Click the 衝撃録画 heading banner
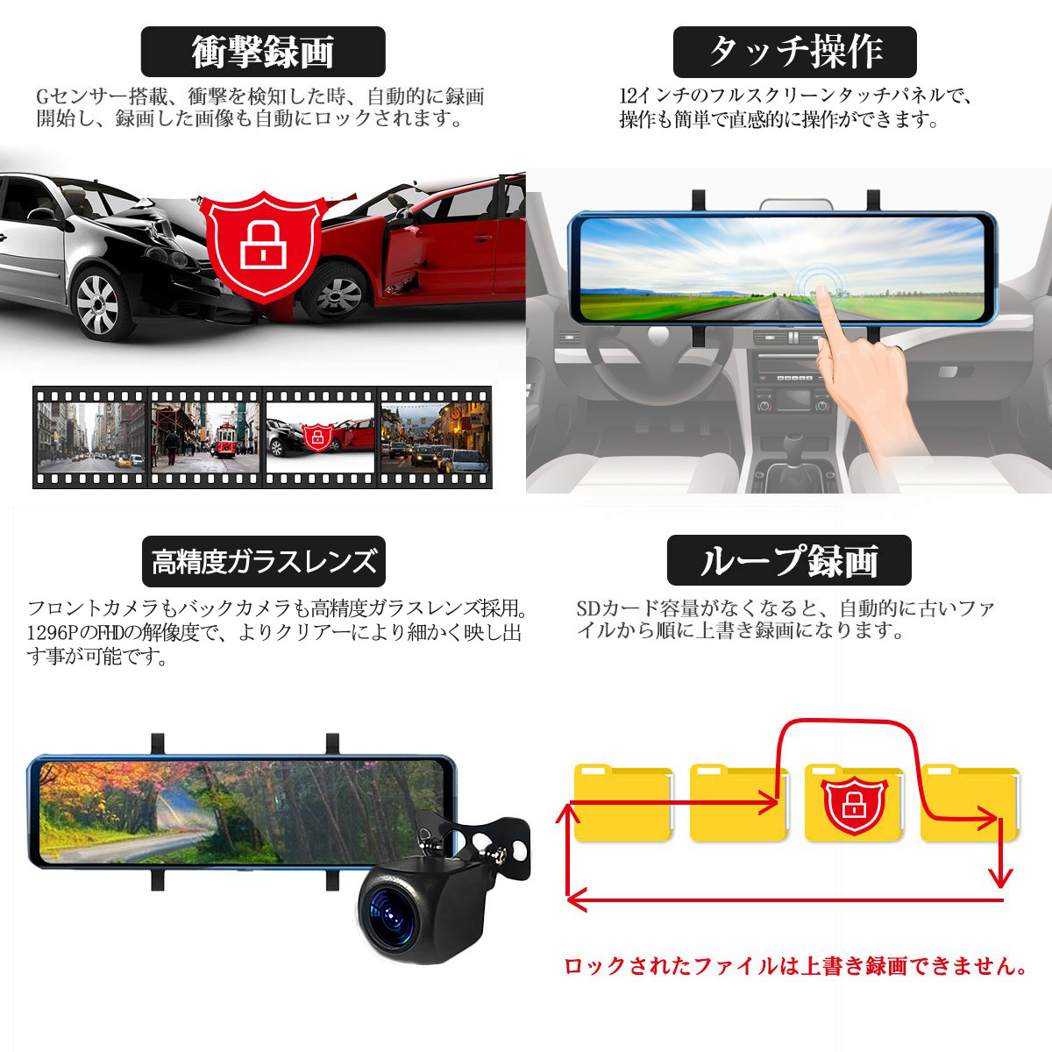pyautogui.click(x=263, y=52)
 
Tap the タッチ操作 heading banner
pyautogui.click(x=794, y=52)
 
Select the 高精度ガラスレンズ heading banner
pyautogui.click(x=264, y=561)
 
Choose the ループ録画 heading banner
pyautogui.click(x=789, y=561)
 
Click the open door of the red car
pyautogui.click(x=402, y=250)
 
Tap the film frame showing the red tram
pyautogui.click(x=205, y=436)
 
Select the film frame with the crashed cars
pyautogui.click(x=320, y=436)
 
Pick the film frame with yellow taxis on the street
pyautogui.click(x=90, y=436)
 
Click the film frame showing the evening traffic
pyautogui.click(x=435, y=436)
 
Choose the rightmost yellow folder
pyautogui.click(x=969, y=802)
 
